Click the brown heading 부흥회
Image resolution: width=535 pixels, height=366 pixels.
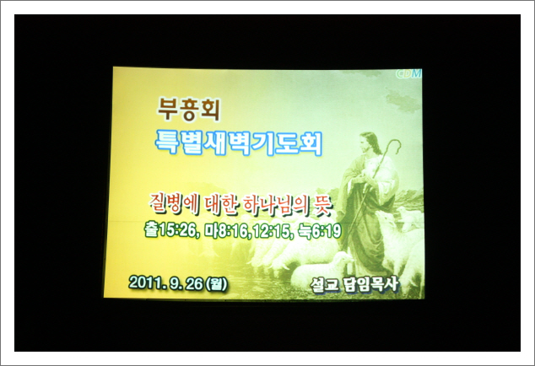coord(188,110)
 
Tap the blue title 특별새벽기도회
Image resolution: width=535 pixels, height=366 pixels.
coord(239,143)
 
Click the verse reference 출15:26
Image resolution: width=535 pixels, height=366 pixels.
coord(171,230)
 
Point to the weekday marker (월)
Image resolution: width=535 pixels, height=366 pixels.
coord(216,284)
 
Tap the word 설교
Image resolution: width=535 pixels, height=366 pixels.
coord(325,285)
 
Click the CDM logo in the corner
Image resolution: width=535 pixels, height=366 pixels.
coord(408,73)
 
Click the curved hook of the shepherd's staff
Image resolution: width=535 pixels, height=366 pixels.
coord(394,144)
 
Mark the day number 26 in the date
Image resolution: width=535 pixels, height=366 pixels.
coord(194,284)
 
